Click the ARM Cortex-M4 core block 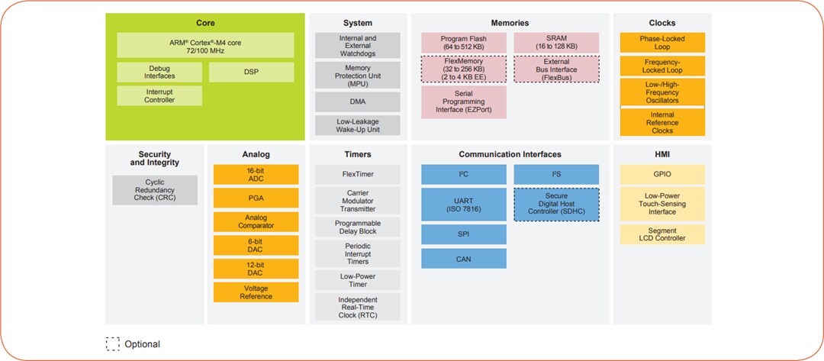(204, 44)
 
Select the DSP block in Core (251, 72)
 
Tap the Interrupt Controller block (159, 95)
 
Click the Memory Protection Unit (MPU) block (357, 76)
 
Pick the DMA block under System (357, 102)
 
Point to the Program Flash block (463, 43)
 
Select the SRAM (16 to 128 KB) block (556, 43)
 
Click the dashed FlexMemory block (463, 69)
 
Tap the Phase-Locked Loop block (661, 43)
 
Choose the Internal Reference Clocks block (661, 122)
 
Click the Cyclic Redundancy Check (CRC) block (155, 190)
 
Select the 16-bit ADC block (255, 174)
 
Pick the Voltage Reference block (255, 292)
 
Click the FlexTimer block (357, 174)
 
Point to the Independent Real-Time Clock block (357, 307)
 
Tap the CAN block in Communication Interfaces (463, 257)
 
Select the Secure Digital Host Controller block (556, 205)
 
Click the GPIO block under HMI (661, 174)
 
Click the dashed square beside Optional (113, 343)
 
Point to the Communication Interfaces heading (510, 154)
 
